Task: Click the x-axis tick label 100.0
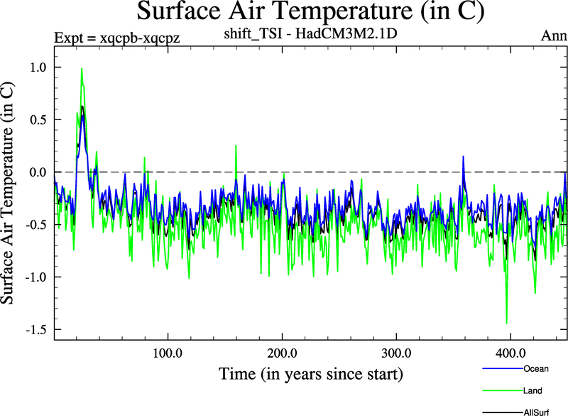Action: point(168,353)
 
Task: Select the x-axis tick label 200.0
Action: point(282,353)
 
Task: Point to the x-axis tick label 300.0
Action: point(396,353)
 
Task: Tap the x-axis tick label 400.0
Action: point(510,353)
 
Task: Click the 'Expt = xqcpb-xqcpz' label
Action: point(117,38)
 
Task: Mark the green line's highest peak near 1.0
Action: point(82,69)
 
